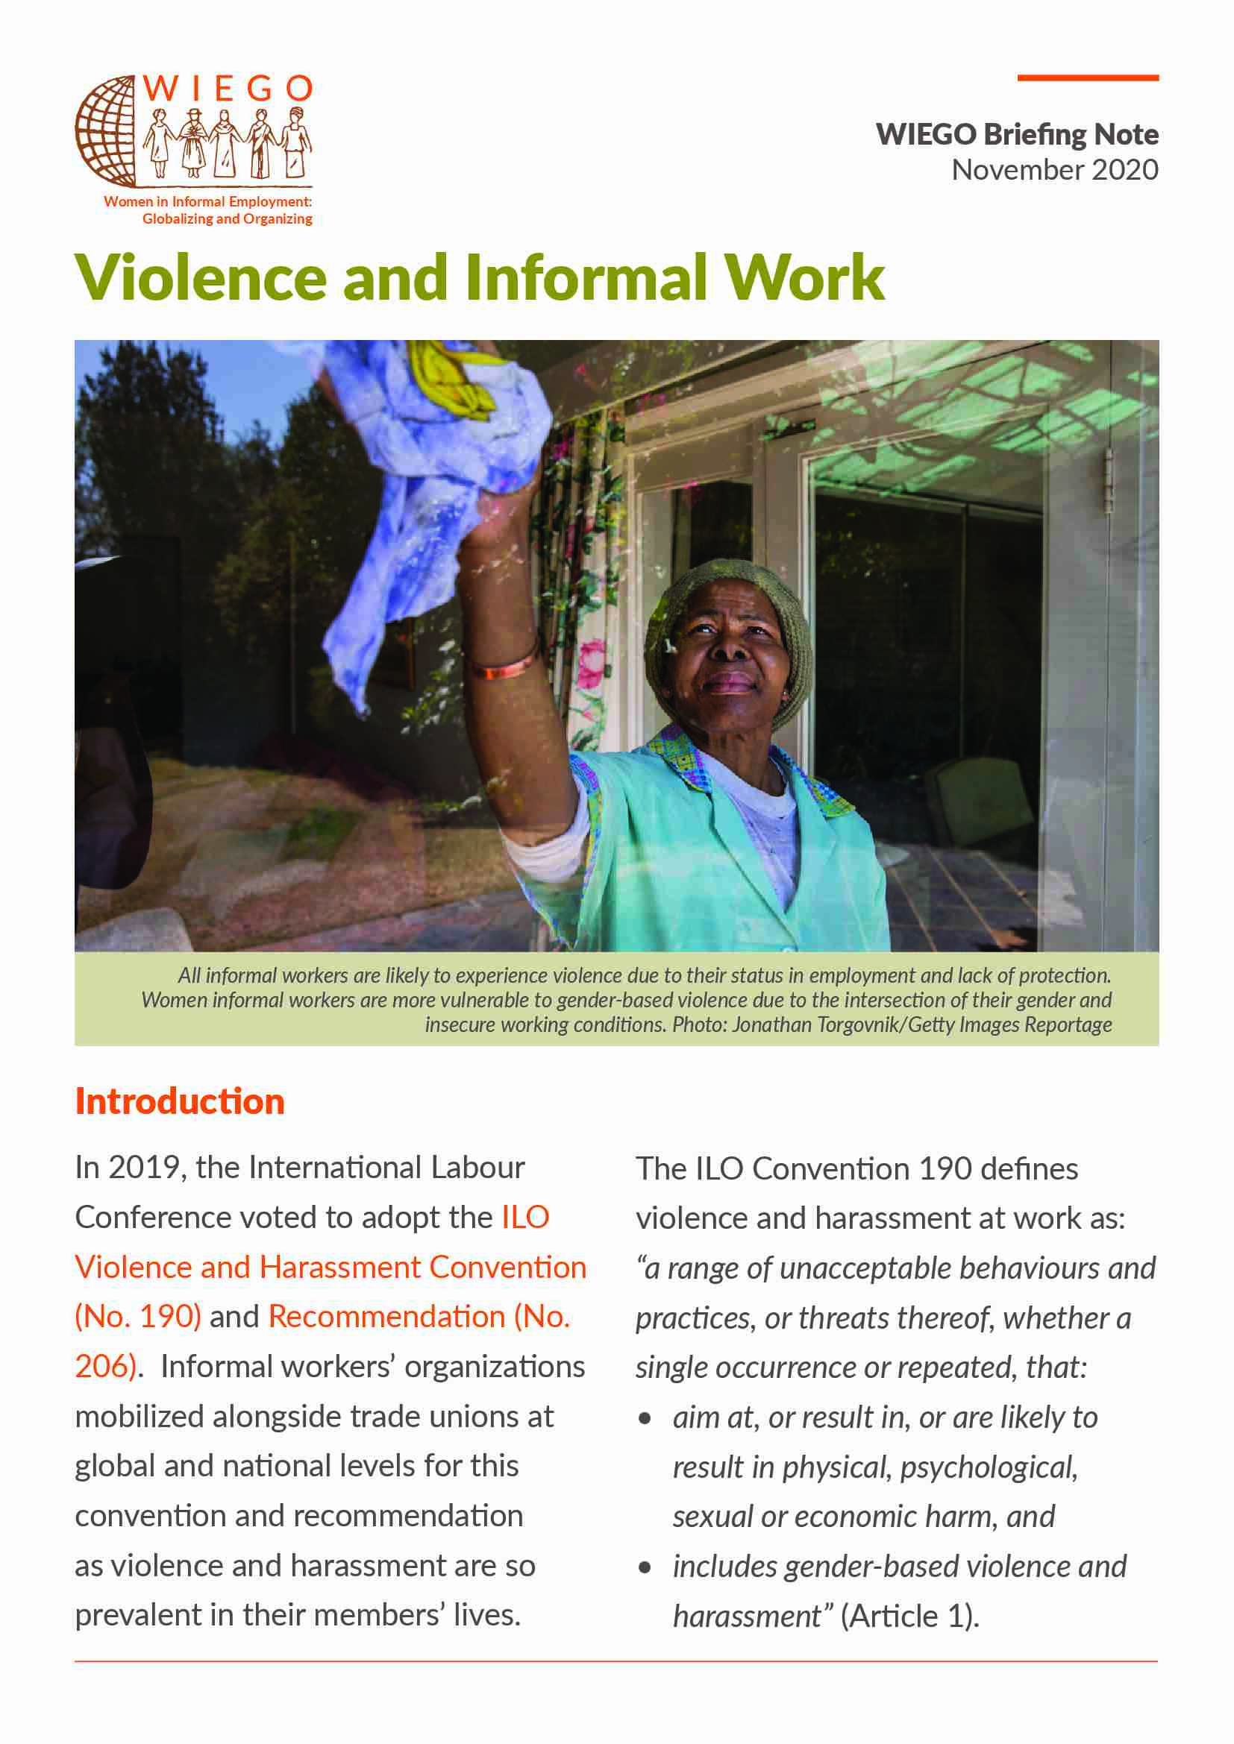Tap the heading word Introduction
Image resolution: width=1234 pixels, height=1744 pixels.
[x=180, y=1101]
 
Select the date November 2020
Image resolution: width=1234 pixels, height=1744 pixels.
[x=1055, y=169]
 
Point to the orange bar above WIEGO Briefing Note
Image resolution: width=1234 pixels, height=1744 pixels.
[x=1087, y=78]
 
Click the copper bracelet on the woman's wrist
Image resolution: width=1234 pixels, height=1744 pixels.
[x=503, y=668]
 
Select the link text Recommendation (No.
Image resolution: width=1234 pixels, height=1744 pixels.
[x=419, y=1316]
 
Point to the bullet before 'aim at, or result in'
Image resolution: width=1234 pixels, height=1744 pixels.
[x=645, y=1418]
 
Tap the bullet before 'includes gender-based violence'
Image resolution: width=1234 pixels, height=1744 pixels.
[x=645, y=1567]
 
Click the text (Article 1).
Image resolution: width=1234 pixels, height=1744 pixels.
[x=909, y=1616]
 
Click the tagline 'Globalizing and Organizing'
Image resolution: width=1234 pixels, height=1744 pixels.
[x=228, y=218]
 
